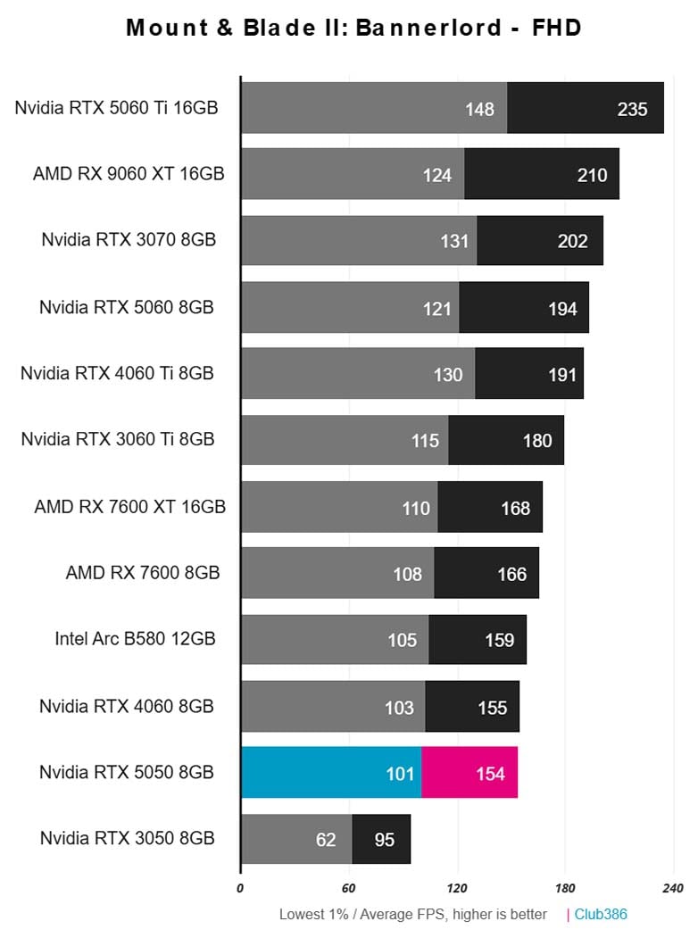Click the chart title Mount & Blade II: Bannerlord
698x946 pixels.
pyautogui.click(x=353, y=28)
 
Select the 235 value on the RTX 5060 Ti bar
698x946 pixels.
pyautogui.click(x=632, y=109)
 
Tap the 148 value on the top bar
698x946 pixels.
pyautogui.click(x=479, y=109)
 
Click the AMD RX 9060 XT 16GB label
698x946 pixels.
pyautogui.click(x=129, y=173)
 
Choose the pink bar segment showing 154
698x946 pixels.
pyautogui.click(x=469, y=773)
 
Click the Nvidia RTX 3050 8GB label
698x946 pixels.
pyautogui.click(x=127, y=838)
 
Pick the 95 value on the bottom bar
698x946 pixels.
pyautogui.click(x=385, y=840)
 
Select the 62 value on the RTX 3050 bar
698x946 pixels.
pyautogui.click(x=326, y=840)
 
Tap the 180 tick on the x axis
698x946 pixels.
pyautogui.click(x=564, y=888)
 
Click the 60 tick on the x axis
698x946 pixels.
pyautogui.click(x=348, y=888)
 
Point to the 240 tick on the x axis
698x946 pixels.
pyautogui.click(x=672, y=888)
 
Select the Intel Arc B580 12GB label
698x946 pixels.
pyautogui.click(x=135, y=638)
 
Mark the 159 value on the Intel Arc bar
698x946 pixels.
pyautogui.click(x=500, y=640)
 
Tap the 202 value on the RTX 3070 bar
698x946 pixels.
pyautogui.click(x=573, y=241)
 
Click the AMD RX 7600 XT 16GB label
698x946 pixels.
pyautogui.click(x=129, y=506)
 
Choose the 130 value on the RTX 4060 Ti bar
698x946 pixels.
pyautogui.click(x=448, y=375)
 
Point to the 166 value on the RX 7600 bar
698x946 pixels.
pyautogui.click(x=512, y=574)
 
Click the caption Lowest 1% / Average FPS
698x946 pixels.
pyautogui.click(x=412, y=915)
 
